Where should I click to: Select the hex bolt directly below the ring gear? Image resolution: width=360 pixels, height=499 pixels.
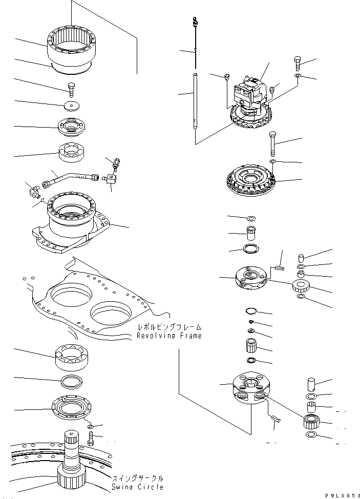71,89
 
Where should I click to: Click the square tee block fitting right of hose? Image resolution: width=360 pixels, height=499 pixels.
111,179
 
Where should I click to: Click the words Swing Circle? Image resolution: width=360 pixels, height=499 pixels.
138,487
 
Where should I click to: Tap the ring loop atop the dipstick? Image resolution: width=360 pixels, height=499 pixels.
195,21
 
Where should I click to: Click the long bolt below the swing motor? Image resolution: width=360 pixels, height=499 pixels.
272,144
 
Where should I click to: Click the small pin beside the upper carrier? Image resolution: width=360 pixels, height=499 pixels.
279,266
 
